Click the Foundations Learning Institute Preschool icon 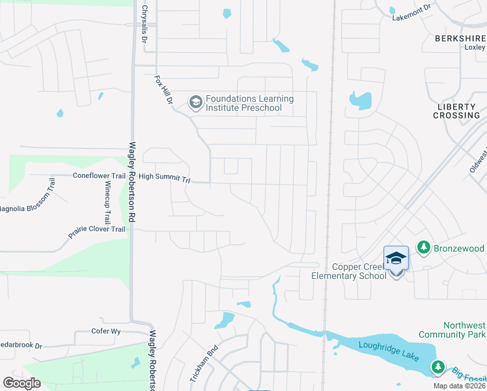(195, 103)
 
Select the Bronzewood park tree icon (424, 248)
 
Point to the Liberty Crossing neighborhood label (458, 111)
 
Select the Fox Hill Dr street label (163, 90)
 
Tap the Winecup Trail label (107, 203)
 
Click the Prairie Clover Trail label (96, 229)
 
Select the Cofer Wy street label (107, 331)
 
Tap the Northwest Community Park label (464, 330)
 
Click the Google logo (21, 383)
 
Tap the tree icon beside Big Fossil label (438, 369)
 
